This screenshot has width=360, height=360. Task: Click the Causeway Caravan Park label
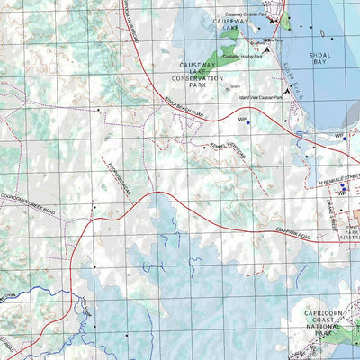point(247,15)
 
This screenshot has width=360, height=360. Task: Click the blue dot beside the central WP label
point(247,122)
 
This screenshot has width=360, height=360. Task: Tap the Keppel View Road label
point(227,145)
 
